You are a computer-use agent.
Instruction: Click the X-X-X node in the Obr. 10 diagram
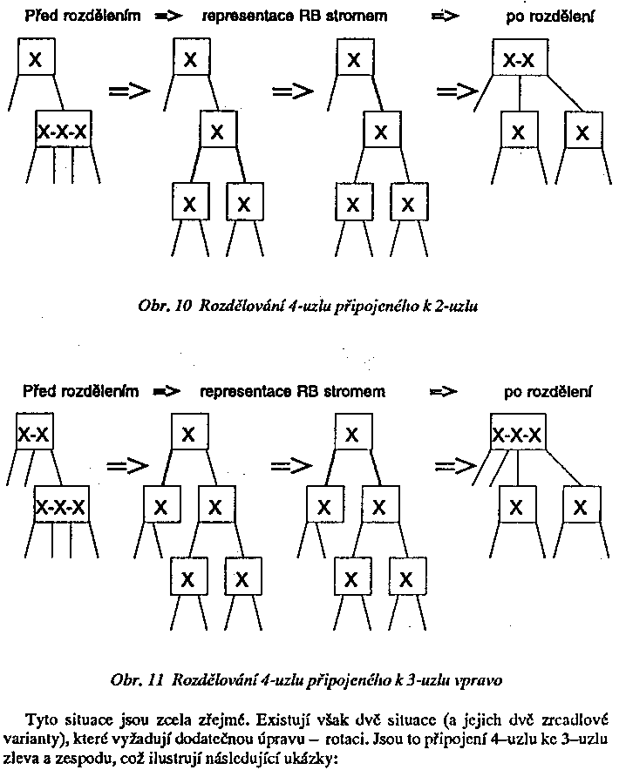62,132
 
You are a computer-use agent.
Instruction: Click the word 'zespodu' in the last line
77,758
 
